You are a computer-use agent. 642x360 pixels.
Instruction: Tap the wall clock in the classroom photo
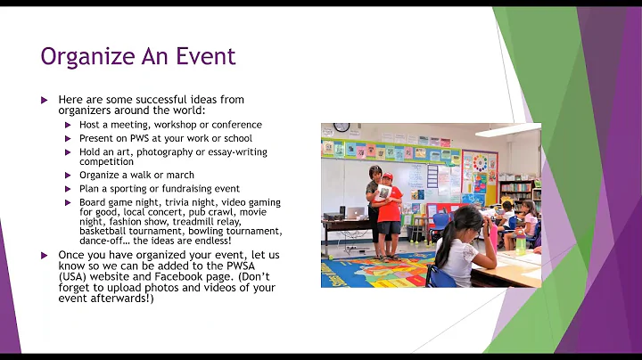click(342, 127)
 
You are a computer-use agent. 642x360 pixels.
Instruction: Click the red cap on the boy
click(386, 178)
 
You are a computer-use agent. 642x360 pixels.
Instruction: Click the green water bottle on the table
click(521, 245)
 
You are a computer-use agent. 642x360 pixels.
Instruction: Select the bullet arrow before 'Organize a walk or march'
click(69, 176)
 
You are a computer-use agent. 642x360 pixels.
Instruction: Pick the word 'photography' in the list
click(167, 152)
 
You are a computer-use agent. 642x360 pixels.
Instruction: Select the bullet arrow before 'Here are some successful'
click(44, 100)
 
